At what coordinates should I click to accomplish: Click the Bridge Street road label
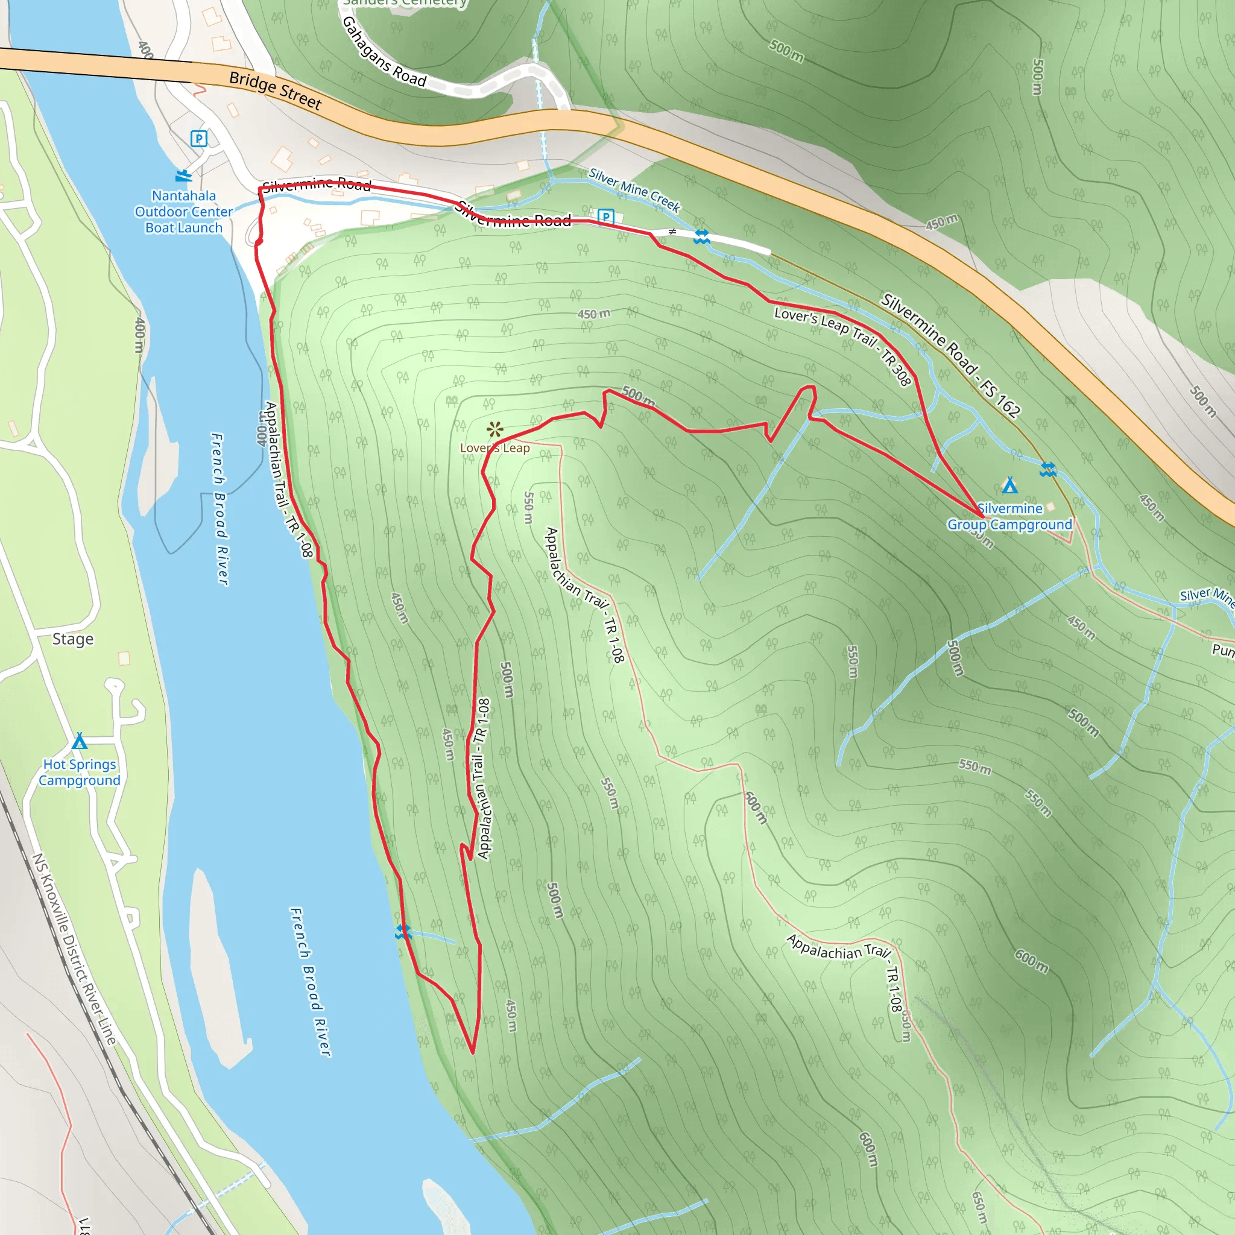[275, 90]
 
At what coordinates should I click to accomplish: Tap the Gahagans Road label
[384, 52]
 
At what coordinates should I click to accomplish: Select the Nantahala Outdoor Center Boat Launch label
[183, 212]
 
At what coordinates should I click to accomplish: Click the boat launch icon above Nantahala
[183, 174]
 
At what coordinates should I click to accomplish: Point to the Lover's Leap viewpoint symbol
[494, 429]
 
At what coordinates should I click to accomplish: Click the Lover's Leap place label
[494, 448]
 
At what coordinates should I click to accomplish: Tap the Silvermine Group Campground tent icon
[1009, 486]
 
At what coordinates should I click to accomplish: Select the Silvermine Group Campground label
[1009, 517]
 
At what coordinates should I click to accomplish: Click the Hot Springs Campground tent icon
[79, 741]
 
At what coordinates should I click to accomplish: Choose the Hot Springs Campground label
[79, 772]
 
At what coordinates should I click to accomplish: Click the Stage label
[73, 639]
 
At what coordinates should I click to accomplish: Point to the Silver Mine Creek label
[634, 189]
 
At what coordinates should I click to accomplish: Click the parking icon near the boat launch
[199, 139]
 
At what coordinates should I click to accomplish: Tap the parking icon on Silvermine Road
[605, 216]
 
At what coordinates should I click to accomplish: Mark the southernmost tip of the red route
[472, 1052]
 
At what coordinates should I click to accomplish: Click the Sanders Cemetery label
[405, 3]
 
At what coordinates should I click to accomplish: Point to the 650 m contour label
[979, 1207]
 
